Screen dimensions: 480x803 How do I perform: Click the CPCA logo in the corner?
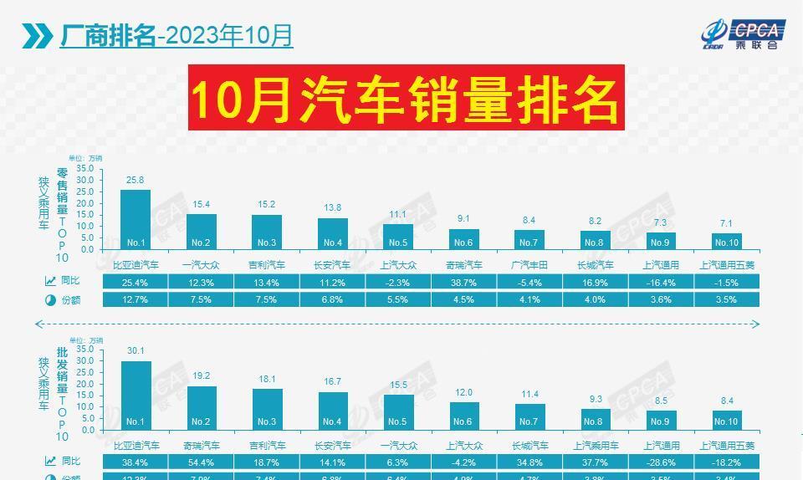coord(742,33)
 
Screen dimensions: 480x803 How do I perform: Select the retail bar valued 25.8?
coord(136,219)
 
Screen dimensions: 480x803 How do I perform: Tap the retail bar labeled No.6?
coord(463,239)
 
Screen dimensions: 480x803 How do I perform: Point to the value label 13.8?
coord(332,207)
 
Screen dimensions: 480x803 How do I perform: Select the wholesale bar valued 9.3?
coord(595,419)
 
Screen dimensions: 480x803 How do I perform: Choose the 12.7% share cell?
coord(136,299)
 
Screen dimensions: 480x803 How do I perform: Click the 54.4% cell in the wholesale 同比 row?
coord(201,462)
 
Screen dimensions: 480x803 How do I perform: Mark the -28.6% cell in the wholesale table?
coord(661,462)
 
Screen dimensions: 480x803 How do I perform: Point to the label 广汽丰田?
coord(529,265)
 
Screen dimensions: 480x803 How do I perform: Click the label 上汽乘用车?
coord(595,445)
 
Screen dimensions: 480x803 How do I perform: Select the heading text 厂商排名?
coord(107,36)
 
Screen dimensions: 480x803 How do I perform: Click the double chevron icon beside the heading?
coord(37,36)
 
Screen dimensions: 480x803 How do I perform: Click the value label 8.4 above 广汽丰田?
coord(529,220)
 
